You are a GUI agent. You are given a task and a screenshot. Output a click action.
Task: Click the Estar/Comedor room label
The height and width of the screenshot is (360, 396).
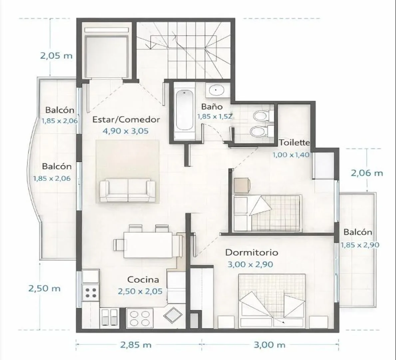(126, 120)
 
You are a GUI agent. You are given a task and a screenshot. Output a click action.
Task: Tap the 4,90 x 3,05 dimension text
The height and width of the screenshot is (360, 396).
(126, 131)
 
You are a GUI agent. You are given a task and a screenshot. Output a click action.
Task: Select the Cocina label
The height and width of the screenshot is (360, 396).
(143, 280)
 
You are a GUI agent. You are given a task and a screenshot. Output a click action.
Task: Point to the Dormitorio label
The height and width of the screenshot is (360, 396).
(251, 253)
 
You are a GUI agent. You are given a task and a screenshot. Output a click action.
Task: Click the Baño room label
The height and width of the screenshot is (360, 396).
(211, 107)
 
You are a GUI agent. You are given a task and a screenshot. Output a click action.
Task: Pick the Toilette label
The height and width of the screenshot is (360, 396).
(294, 143)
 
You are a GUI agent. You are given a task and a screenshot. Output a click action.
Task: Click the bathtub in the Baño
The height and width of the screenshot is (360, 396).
(185, 111)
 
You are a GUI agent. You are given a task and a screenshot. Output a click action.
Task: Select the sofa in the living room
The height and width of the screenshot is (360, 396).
(127, 190)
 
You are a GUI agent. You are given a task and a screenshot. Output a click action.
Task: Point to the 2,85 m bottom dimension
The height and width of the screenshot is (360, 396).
(136, 345)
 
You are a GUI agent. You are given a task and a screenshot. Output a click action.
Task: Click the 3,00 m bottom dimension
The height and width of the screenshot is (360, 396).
(269, 345)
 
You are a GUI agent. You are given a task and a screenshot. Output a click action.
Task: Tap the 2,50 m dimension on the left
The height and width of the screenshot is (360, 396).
(44, 288)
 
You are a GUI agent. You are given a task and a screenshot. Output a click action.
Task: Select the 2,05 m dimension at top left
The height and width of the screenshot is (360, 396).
(56, 56)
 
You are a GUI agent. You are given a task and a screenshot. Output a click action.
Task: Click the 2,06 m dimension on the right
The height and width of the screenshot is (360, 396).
(367, 173)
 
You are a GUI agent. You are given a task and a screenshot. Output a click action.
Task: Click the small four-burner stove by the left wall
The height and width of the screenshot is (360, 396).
(91, 292)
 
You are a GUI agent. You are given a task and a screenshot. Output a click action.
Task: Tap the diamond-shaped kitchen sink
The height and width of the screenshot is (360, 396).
(173, 315)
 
